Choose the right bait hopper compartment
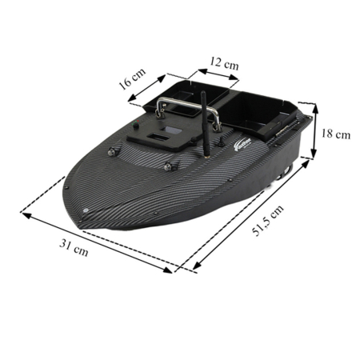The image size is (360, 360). pos(262,112)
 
